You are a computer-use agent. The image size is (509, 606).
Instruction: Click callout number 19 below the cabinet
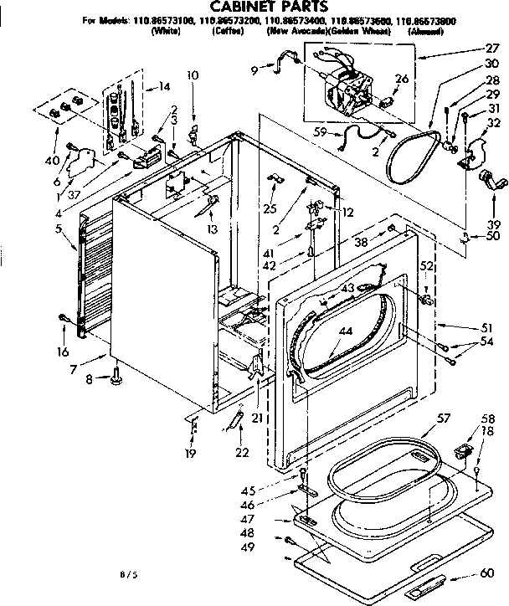click(191, 454)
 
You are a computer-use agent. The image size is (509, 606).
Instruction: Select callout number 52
click(427, 265)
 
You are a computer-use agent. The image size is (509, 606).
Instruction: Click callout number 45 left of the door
click(272, 491)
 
